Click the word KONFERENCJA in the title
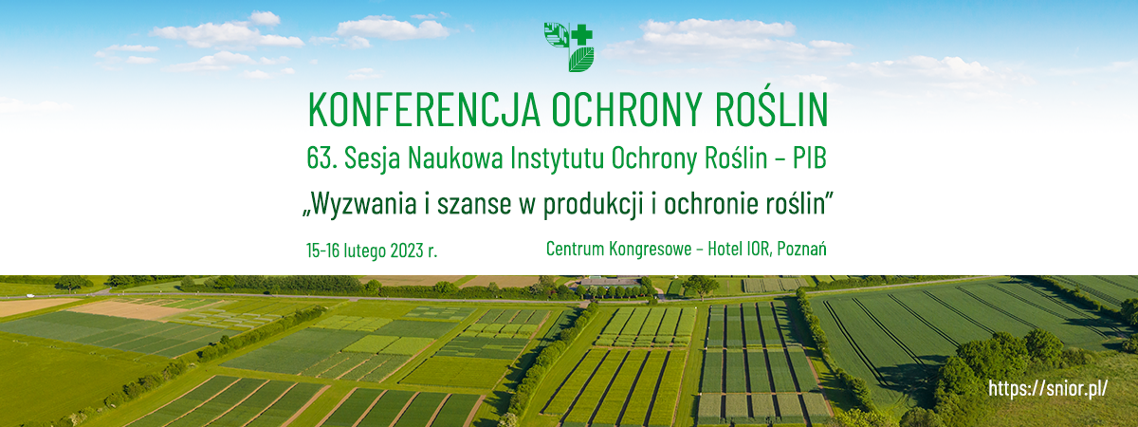[424, 110]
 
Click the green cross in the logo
[581, 35]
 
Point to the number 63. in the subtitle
[321, 158]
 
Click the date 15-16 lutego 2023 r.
[372, 251]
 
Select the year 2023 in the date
[407, 251]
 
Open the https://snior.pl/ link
[1048, 389]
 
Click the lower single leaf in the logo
[581, 60]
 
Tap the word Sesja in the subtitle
[372, 159]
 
